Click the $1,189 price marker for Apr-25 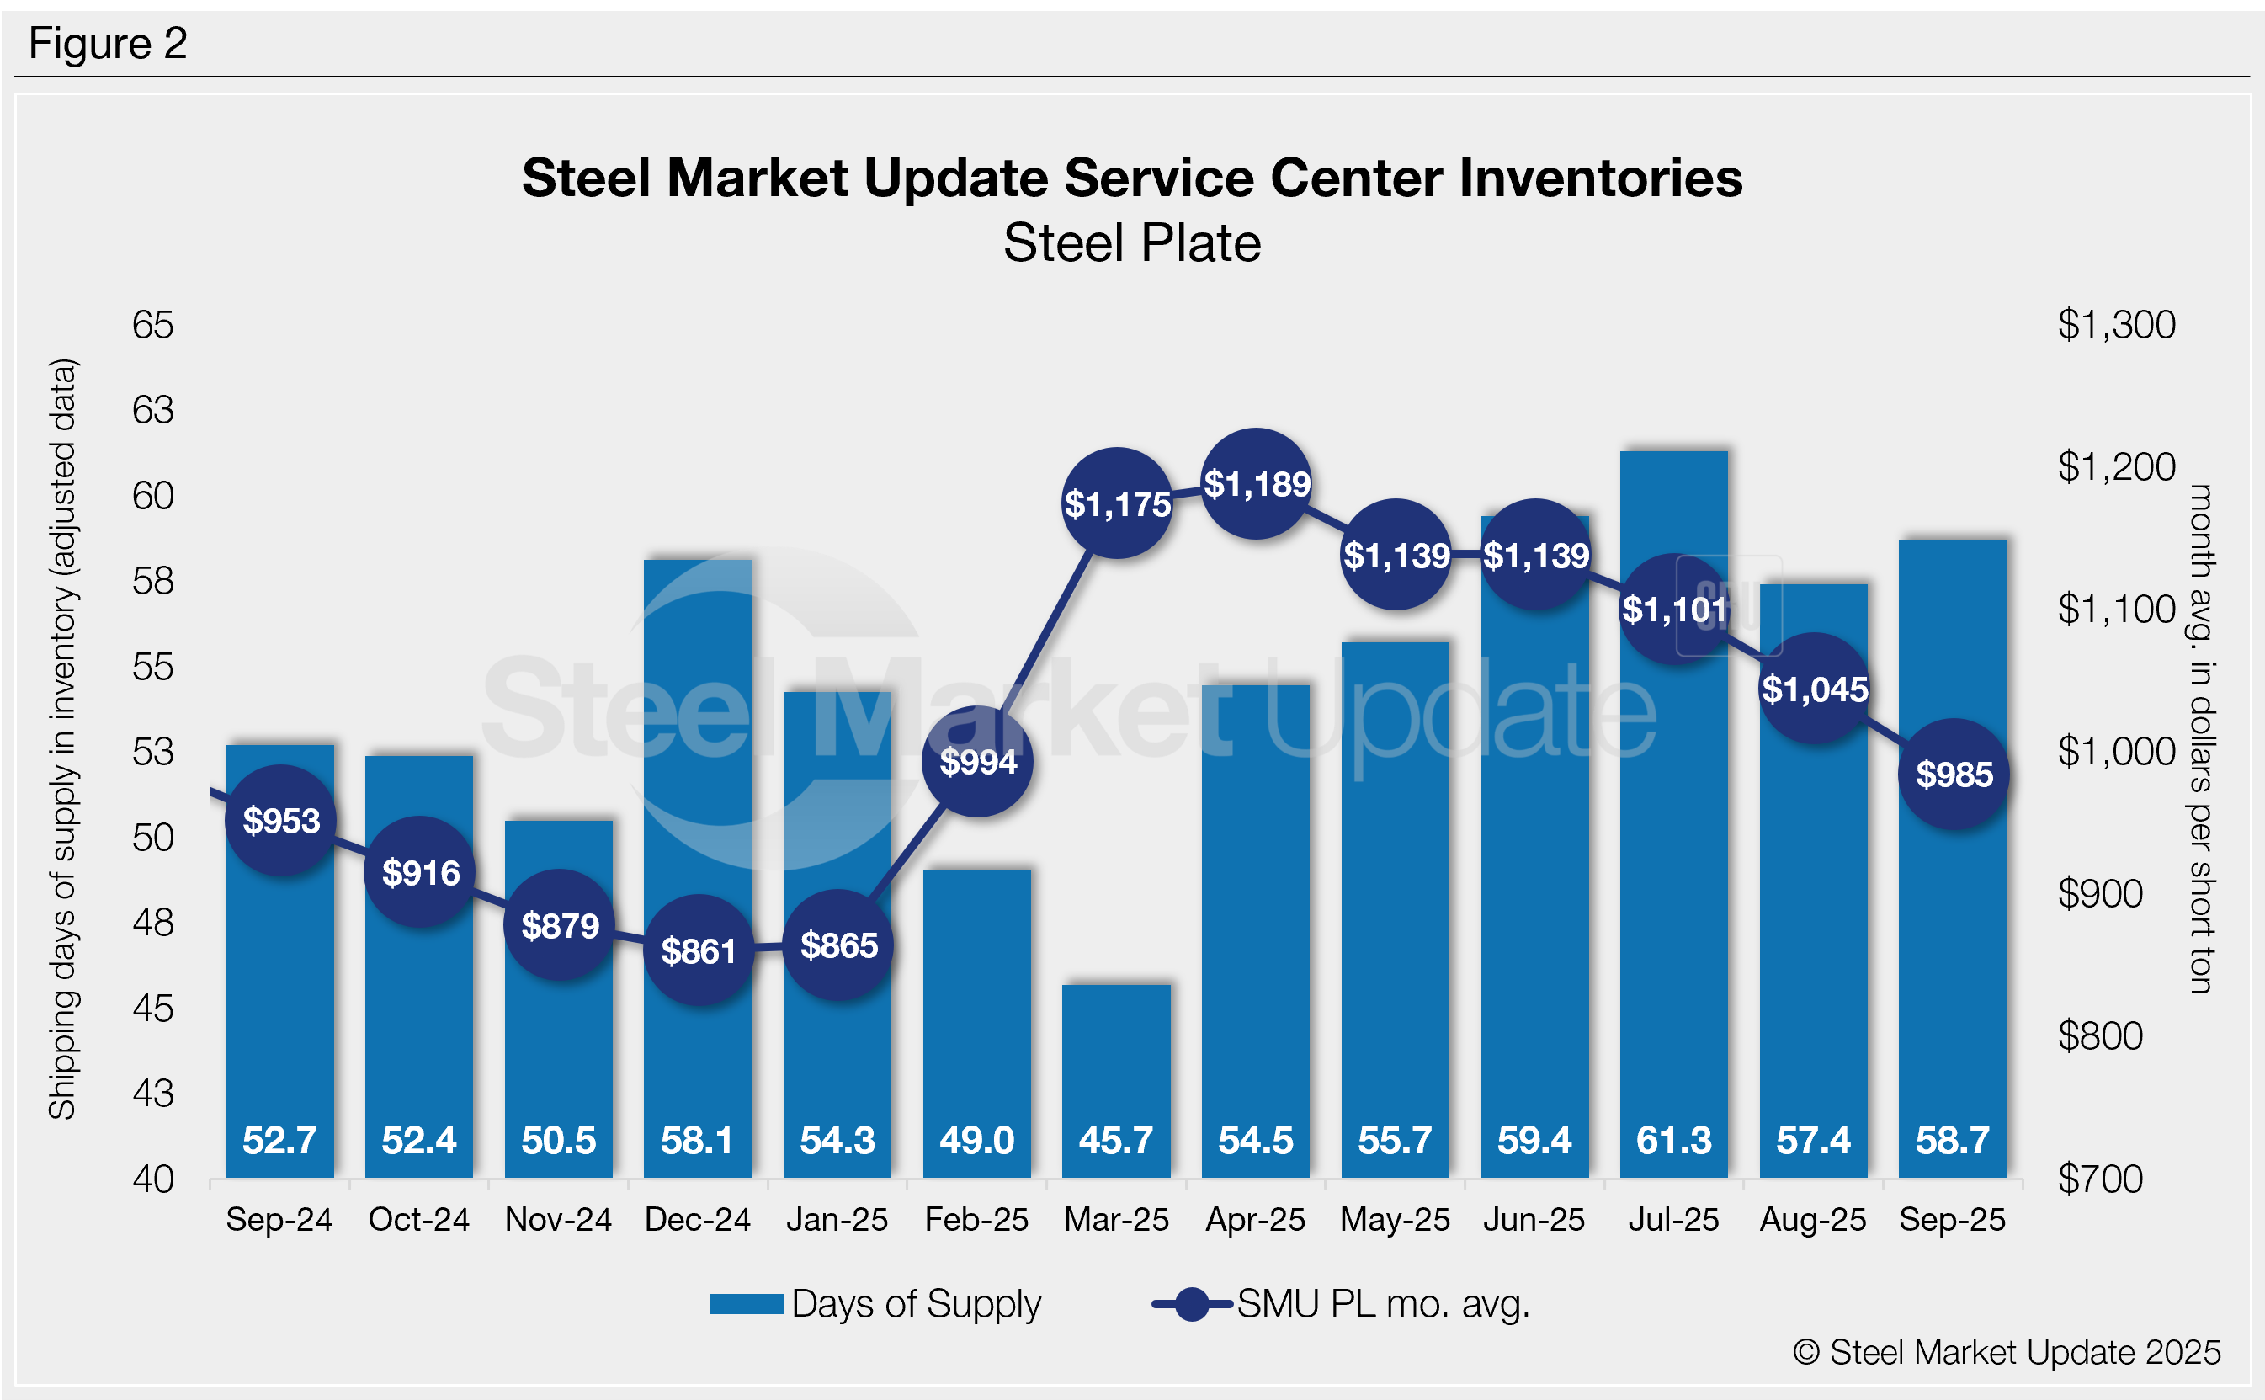tap(1256, 483)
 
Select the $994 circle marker tap(977, 761)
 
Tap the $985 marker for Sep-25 tap(1954, 774)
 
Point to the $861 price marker tap(699, 950)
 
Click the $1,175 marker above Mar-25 tap(1117, 503)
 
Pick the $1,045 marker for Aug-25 tap(1814, 689)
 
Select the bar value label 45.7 tap(1116, 1140)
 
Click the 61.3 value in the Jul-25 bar tap(1673, 1140)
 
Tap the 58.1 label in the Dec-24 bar tap(697, 1140)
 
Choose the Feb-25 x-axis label tap(976, 1220)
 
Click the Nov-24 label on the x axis tap(558, 1220)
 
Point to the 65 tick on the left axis tap(152, 325)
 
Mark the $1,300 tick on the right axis tap(2116, 325)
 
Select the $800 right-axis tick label tap(2099, 1036)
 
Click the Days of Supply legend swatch tap(746, 1304)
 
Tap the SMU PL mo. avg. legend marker tap(1192, 1304)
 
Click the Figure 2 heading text tap(109, 44)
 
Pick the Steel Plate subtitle tap(1132, 243)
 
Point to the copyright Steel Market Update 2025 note tap(2007, 1352)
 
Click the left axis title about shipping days tap(62, 739)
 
